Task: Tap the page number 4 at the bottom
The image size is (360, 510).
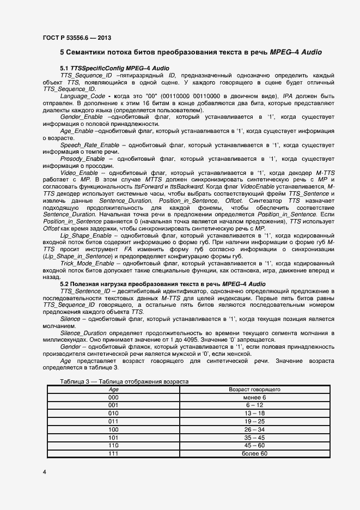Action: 44,472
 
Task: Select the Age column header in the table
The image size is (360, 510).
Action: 113,390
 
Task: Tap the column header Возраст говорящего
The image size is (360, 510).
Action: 254,390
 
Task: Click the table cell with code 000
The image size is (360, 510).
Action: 113,398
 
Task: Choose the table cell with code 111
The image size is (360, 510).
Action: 113,453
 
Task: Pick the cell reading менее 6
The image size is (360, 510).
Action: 254,398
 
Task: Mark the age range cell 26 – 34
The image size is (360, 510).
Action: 254,429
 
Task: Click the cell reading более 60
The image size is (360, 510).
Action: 254,453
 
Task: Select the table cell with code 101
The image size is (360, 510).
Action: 113,438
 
